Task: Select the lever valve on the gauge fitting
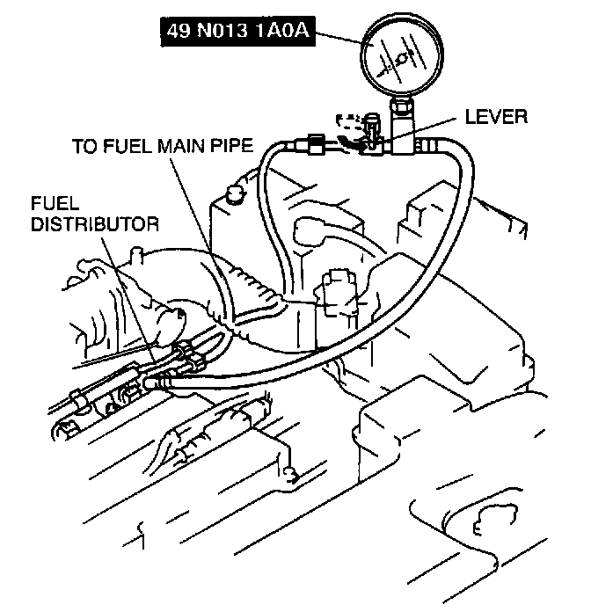click(372, 132)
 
